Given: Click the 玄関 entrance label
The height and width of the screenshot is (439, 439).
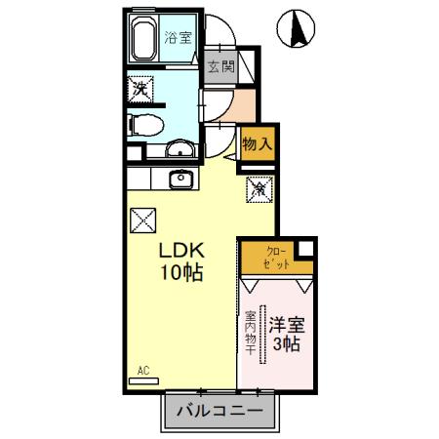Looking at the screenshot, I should coord(220,67).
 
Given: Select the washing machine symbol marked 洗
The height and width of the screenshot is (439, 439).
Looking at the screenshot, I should coord(141,90).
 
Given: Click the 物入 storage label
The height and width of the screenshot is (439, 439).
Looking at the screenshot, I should coord(258,143).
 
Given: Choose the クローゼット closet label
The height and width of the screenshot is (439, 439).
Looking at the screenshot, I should coord(276,258).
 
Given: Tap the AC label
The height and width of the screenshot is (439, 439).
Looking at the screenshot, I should coord(142,371).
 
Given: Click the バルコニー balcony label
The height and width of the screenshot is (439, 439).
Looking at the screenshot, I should coord(219,412).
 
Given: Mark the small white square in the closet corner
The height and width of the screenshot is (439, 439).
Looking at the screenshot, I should coord(306,247).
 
